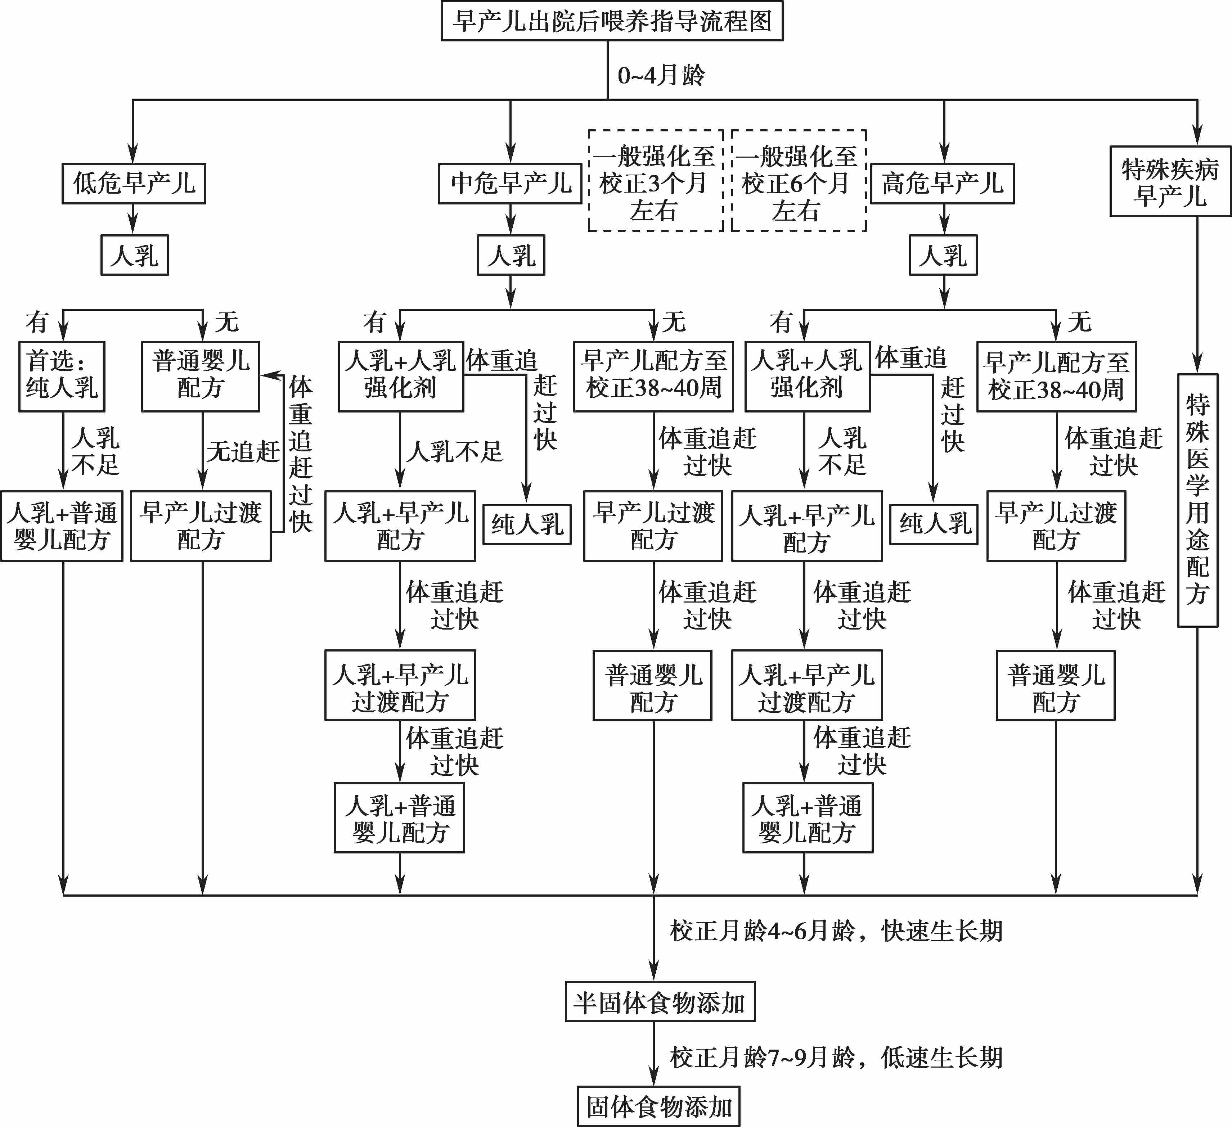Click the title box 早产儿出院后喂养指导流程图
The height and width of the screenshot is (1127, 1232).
click(612, 21)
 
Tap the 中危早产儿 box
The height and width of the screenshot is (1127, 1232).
click(510, 183)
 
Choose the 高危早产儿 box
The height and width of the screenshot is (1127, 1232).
click(942, 183)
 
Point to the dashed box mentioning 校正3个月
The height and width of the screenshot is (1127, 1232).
click(656, 181)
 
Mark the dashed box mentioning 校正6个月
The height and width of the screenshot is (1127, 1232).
click(799, 181)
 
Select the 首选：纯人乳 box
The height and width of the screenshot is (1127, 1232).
click(62, 376)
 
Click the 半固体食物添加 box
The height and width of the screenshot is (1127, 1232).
click(660, 1002)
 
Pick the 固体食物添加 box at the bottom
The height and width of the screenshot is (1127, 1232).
click(659, 1106)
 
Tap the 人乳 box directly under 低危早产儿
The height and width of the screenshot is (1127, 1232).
click(134, 255)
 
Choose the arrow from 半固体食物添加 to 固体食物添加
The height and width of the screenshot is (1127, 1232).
click(654, 1054)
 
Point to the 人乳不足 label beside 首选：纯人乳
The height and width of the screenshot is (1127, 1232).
click(95, 451)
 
